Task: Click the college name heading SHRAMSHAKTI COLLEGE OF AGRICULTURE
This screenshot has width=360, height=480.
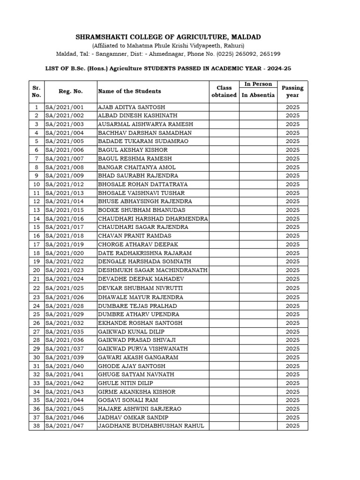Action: click(x=168, y=37)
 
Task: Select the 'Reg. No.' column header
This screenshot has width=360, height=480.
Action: click(x=70, y=91)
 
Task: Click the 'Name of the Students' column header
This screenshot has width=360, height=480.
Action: click(x=129, y=91)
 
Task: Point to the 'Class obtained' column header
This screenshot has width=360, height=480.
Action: click(x=224, y=91)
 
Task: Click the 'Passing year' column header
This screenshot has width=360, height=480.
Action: click(x=292, y=91)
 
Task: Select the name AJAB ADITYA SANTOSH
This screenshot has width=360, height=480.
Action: click(x=125, y=107)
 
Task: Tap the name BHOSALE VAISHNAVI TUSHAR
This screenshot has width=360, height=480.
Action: click(x=141, y=193)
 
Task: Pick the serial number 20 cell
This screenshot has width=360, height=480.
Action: click(x=36, y=270)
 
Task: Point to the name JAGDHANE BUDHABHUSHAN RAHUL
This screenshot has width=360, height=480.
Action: click(x=151, y=426)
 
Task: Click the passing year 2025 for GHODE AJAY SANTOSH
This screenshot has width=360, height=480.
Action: click(x=292, y=366)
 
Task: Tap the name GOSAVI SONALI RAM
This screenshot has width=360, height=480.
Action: click(x=128, y=400)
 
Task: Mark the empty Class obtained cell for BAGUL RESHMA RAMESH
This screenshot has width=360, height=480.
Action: click(x=224, y=159)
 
